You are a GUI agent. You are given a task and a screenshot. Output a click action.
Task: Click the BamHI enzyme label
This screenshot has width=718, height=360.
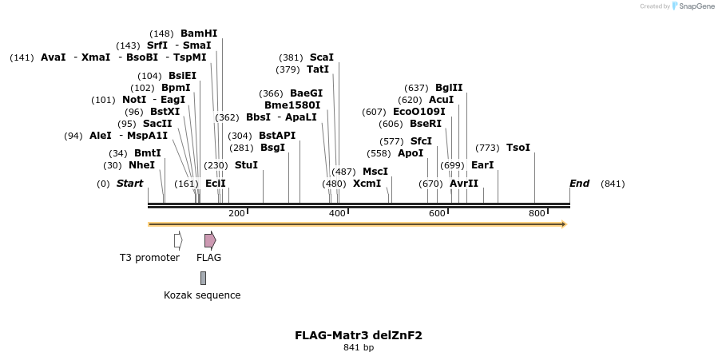point(199,34)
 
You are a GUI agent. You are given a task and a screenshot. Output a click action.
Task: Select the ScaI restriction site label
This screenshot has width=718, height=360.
point(321,57)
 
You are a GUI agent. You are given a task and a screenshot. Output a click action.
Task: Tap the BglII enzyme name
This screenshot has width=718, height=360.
point(449,88)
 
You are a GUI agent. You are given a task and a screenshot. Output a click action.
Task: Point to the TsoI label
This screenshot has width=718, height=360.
point(518,148)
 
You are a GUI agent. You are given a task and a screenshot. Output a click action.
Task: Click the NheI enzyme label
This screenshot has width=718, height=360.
point(141,165)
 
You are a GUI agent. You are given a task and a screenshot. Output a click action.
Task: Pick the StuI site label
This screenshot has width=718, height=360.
point(246,165)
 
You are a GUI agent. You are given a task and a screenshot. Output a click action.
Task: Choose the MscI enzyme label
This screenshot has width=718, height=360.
point(375,172)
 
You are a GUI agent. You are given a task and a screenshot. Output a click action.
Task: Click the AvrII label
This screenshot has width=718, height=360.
point(464,184)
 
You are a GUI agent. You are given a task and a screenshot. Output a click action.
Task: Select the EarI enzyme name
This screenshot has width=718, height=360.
point(482,165)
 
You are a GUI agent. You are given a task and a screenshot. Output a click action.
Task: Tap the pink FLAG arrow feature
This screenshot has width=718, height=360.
point(210,240)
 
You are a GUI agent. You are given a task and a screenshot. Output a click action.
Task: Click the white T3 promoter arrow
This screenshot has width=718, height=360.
point(178,240)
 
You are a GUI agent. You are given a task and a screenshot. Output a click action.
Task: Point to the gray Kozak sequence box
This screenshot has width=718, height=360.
point(204,278)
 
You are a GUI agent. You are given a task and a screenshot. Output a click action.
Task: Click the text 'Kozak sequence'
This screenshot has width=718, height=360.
point(202,295)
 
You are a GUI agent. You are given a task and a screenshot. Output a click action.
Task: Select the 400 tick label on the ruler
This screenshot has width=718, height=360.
point(337,213)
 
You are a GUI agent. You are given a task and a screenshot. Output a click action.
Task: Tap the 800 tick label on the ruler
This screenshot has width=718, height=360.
point(537,213)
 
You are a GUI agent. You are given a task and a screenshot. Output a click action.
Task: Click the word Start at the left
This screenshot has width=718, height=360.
point(129,184)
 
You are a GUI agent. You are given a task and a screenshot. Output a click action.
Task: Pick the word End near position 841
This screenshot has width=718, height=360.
point(579,184)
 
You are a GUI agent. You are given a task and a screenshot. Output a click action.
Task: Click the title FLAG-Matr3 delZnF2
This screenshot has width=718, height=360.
point(359,335)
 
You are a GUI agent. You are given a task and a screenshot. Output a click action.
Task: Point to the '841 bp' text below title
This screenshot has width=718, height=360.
point(359,348)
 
